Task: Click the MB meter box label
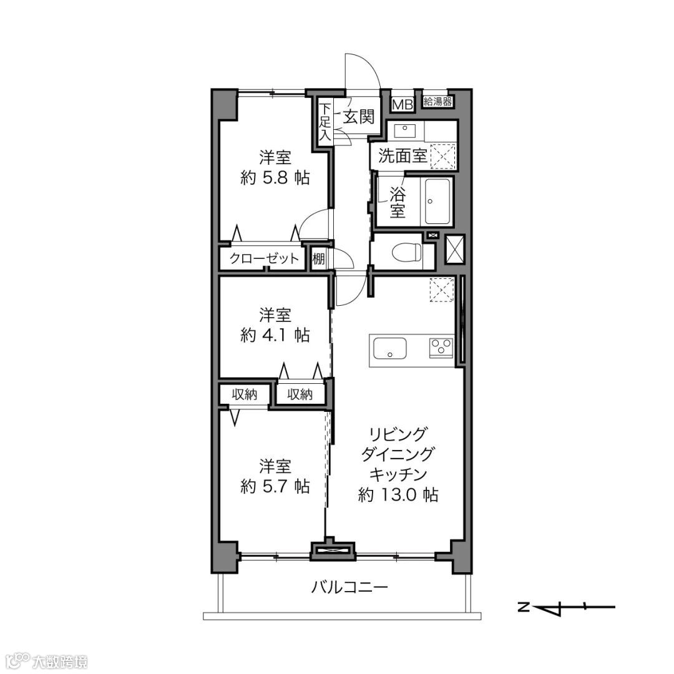click(403, 104)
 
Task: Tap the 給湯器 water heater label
click(437, 102)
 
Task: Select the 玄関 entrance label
click(358, 117)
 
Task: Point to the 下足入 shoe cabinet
click(325, 122)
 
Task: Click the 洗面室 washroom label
click(403, 155)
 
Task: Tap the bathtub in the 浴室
click(437, 201)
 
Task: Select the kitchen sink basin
click(390, 348)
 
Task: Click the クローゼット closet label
click(264, 258)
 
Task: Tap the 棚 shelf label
click(318, 259)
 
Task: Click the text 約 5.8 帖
click(275, 177)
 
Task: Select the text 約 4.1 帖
click(275, 335)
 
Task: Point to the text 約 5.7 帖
click(275, 486)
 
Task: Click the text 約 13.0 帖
click(398, 495)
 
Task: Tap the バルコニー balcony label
click(349, 587)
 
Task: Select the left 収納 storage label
click(245, 394)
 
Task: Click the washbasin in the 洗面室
click(404, 130)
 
